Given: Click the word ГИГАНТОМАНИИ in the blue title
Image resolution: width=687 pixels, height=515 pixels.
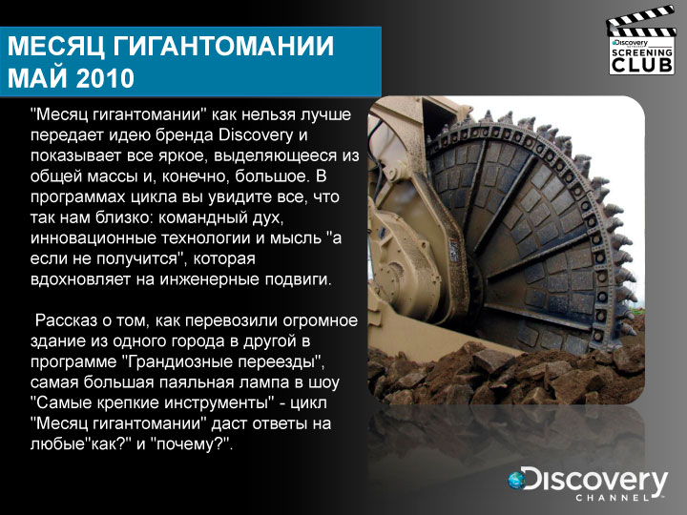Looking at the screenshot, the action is (x=223, y=46).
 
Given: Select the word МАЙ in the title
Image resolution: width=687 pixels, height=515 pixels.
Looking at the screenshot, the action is (x=38, y=78).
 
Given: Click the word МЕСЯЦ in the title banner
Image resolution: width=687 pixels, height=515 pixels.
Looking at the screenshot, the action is (x=56, y=46).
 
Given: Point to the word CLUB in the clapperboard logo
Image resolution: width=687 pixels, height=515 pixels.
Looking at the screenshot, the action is (x=642, y=65).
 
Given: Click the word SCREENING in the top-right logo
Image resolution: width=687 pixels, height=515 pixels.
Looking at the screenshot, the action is (x=642, y=52).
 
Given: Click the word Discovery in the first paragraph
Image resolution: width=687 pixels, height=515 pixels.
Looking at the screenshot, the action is (x=256, y=134).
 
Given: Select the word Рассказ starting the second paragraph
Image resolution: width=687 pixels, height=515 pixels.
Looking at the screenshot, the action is (x=66, y=320).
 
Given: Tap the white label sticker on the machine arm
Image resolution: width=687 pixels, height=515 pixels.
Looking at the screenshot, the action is (x=454, y=250).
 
